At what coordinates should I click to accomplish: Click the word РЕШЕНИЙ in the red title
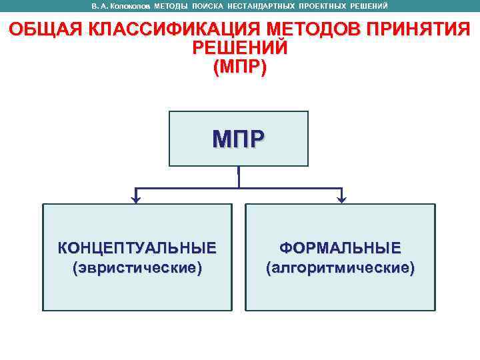click(x=239, y=49)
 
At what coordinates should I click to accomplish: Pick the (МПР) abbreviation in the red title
click(x=239, y=67)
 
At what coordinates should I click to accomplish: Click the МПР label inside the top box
click(x=239, y=139)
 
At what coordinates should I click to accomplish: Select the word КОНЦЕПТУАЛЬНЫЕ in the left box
click(x=137, y=249)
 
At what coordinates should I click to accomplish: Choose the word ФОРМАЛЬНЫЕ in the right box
click(x=340, y=249)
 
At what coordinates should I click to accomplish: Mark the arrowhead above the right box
click(x=341, y=198)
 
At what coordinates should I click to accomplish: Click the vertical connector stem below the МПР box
click(x=239, y=176)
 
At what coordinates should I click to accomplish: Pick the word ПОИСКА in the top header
click(x=208, y=6)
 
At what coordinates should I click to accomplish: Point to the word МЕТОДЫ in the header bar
click(x=171, y=6)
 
